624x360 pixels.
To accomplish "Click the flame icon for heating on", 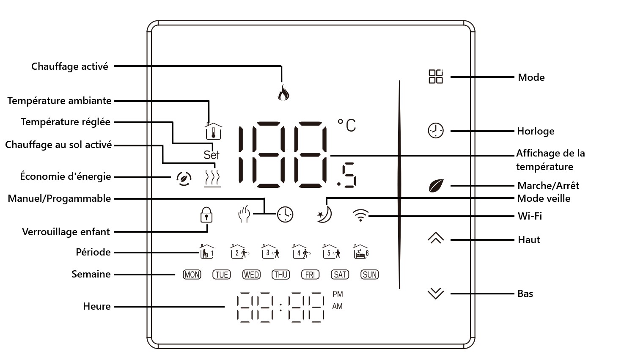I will tap(283, 92).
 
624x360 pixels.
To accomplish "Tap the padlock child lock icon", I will tap(206, 215).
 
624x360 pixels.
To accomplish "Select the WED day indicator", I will tap(251, 275).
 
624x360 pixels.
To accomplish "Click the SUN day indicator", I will tap(370, 275).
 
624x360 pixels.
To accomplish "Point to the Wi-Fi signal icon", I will tap(360, 215).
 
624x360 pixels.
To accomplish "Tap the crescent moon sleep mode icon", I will tap(324, 214).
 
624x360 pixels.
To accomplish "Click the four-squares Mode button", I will tap(436, 77).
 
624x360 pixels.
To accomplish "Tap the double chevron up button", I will tap(436, 238).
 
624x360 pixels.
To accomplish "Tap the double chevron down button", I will tap(436, 293).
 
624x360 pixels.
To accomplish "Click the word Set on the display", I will tap(211, 155).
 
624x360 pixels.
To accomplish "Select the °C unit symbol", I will tap(347, 125).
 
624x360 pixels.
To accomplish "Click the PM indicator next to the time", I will tap(338, 294).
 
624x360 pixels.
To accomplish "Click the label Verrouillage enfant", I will tap(66, 232).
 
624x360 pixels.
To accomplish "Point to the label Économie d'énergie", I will tap(66, 176).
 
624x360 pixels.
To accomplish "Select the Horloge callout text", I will tap(536, 131).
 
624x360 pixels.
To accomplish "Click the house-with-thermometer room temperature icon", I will tap(214, 132).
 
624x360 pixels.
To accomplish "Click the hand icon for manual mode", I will tap(244, 214).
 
